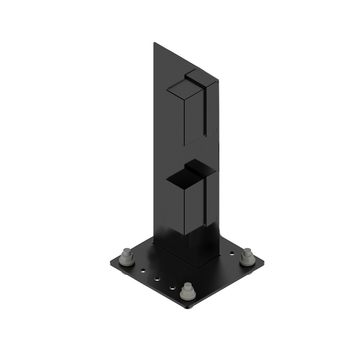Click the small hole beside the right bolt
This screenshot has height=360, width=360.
point(232,253)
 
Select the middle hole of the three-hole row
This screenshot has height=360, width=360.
point(157,278)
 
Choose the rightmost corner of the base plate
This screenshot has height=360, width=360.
point(264,263)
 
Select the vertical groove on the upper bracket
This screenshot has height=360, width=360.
point(206,112)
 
